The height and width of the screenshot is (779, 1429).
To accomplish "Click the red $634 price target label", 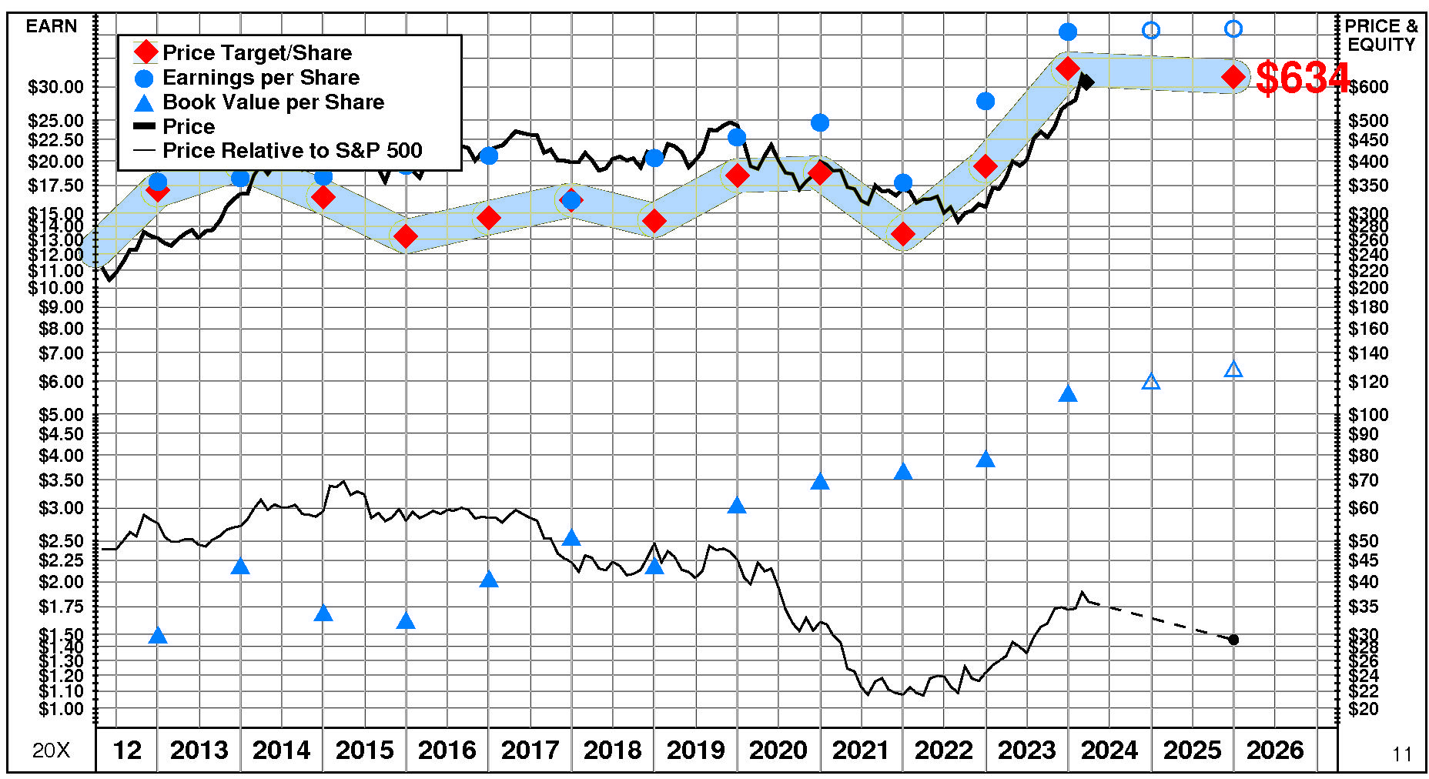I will click(x=1302, y=78).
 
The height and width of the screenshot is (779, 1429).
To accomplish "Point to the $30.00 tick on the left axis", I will click(x=56, y=87).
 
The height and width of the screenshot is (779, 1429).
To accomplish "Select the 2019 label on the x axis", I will click(x=695, y=750).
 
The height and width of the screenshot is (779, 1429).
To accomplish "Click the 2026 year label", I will click(x=1275, y=750).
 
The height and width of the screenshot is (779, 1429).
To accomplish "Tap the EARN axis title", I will click(x=52, y=26).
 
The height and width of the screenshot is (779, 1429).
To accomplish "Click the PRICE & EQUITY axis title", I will click(x=1381, y=35).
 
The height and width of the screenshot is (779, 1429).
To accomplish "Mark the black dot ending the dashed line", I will click(x=1233, y=640).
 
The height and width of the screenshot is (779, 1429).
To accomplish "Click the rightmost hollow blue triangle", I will click(x=1233, y=370).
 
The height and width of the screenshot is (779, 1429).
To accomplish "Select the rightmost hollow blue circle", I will click(x=1233, y=28).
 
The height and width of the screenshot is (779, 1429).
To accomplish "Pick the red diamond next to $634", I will click(x=1233, y=77).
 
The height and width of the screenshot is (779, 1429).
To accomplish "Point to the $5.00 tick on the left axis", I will click(x=61, y=415).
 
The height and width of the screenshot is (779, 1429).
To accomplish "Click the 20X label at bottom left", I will click(x=51, y=751).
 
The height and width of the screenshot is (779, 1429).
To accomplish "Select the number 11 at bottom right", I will click(x=1402, y=754).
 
